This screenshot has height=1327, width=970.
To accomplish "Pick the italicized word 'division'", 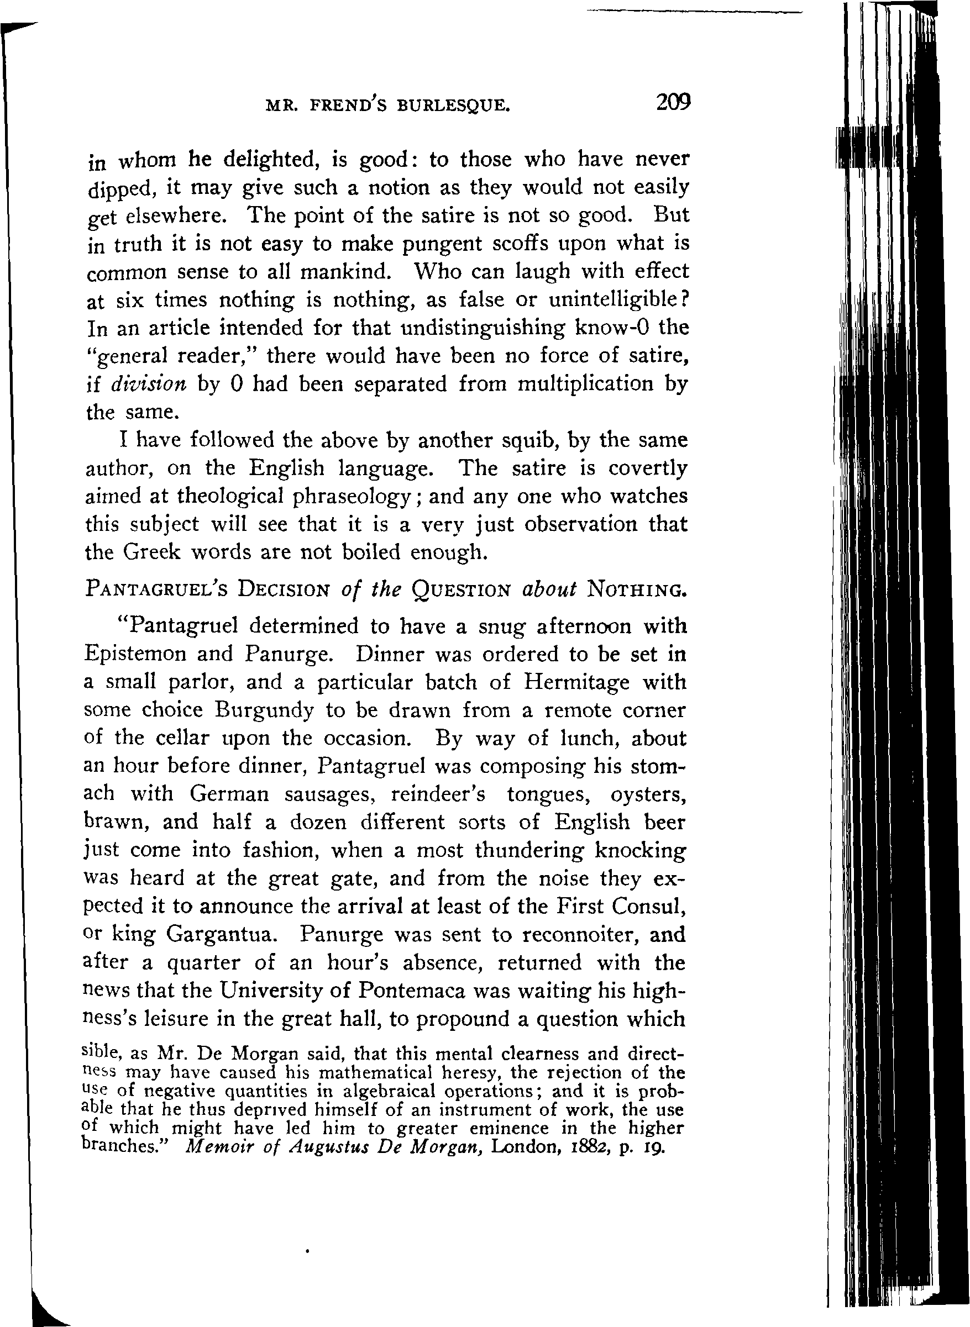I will pyautogui.click(x=149, y=385).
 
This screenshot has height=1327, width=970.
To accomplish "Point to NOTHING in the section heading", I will pyautogui.click(x=637, y=589).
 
